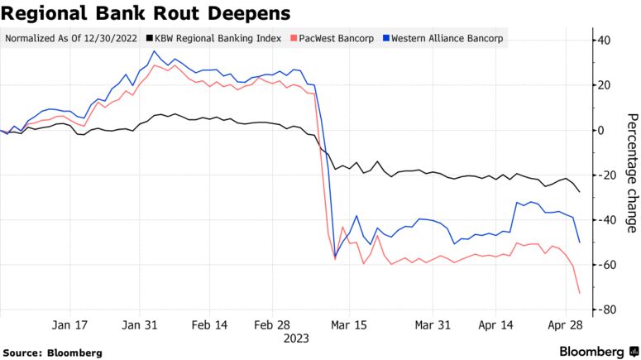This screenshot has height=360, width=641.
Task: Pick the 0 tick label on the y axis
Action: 601,130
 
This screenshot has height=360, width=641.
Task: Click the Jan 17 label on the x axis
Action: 69,325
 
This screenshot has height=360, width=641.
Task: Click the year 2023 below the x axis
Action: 295,338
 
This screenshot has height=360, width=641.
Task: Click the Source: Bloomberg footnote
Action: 53,353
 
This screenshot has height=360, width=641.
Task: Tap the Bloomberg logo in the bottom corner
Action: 591,351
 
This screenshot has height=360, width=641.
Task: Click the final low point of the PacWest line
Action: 579,293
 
